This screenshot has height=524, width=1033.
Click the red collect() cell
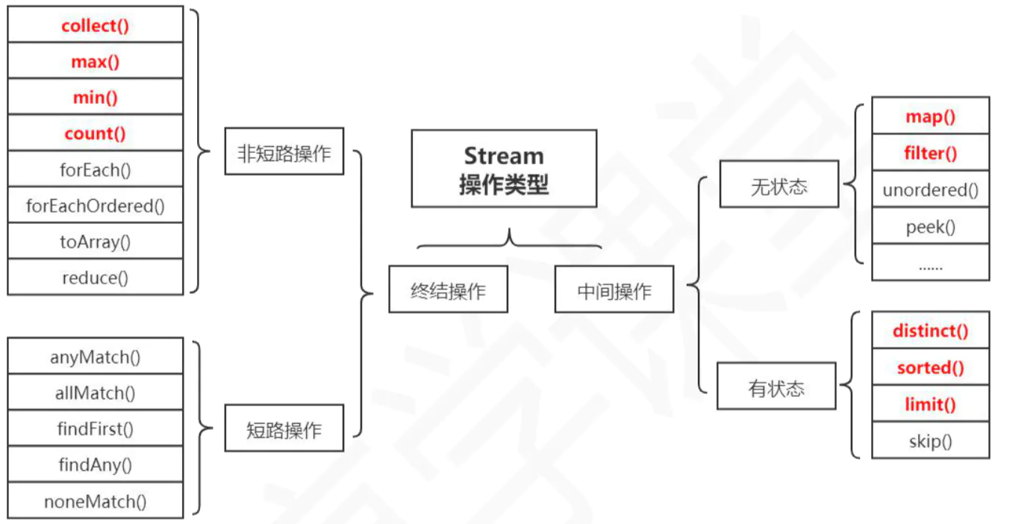coord(96,25)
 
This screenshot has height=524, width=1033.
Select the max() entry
coord(96,60)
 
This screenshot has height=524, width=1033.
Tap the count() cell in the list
coord(96,133)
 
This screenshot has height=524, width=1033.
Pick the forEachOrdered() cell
coord(96,205)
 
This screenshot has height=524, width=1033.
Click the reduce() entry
coord(96,277)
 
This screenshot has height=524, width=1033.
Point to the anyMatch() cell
coord(96,356)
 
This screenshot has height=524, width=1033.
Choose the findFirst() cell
coord(96,428)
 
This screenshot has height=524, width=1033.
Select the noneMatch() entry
coord(96,500)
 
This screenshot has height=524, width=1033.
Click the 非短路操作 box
coord(284,152)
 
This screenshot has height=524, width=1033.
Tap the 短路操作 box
coord(284,428)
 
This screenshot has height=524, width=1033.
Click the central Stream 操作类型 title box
coord(504,169)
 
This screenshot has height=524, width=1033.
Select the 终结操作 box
coord(449,289)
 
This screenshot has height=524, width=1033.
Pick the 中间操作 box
coord(614,289)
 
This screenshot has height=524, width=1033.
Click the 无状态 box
coord(779,184)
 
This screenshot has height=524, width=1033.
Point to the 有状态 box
coord(776,386)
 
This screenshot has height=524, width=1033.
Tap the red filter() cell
coord(931,153)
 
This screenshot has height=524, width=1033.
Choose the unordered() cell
coord(931,190)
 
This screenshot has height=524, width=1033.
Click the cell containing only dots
coord(931,263)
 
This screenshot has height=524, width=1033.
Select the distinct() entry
coord(931,330)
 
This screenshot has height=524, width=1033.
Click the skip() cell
coord(931,440)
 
